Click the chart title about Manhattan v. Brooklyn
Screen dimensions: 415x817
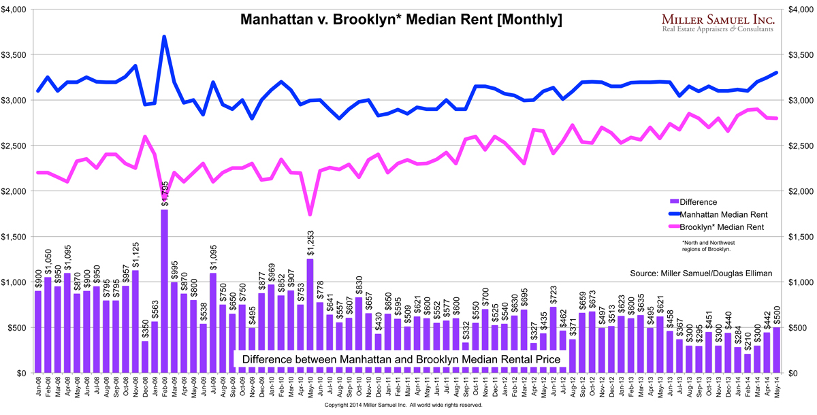(x=402, y=20)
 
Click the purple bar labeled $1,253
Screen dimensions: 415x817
(x=310, y=316)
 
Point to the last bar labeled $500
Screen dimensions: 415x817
(x=776, y=350)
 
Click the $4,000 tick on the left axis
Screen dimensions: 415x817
(x=15, y=10)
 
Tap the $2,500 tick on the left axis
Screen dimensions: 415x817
(x=15, y=146)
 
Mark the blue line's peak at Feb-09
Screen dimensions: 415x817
(x=164, y=37)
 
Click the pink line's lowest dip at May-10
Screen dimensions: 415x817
(x=310, y=215)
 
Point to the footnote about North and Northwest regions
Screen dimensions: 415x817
(x=705, y=245)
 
